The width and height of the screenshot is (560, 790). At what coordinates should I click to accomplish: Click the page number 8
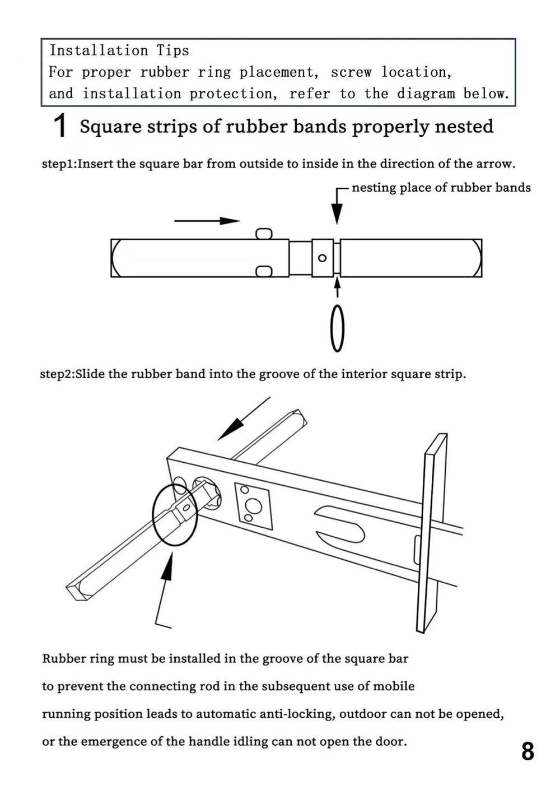(x=528, y=751)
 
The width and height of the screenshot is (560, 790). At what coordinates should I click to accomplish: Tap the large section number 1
(x=60, y=126)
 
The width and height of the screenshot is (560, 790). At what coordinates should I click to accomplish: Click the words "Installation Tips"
(x=119, y=50)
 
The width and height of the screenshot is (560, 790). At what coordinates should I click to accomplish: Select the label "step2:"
(x=57, y=374)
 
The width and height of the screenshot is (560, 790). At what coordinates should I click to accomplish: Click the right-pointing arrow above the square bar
(x=207, y=221)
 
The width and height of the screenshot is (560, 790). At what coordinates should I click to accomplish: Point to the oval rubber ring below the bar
(x=337, y=328)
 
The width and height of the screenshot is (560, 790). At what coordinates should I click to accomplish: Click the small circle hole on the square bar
(x=322, y=258)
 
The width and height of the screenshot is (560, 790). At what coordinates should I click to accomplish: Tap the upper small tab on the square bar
(x=264, y=234)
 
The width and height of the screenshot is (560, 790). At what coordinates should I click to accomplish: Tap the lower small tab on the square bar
(x=264, y=272)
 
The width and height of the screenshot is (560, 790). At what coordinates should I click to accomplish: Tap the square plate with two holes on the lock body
(x=253, y=505)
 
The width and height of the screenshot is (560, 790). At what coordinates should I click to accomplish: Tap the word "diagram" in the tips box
(x=426, y=94)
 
